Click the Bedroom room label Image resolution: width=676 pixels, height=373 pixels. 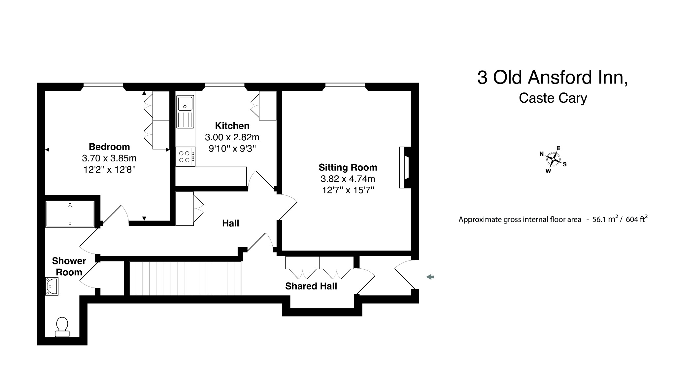(109, 147)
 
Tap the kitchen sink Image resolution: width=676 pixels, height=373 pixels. (185, 103)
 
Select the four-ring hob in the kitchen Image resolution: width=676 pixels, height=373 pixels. (185, 157)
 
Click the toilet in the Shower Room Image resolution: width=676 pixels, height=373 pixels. (62, 327)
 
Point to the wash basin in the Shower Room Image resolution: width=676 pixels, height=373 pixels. (52, 286)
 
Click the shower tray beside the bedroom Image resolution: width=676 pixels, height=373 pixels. (70, 214)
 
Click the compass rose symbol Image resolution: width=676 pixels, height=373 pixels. (553, 160)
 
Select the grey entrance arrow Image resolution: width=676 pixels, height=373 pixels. (430, 277)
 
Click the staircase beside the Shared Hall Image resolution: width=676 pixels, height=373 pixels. (185, 278)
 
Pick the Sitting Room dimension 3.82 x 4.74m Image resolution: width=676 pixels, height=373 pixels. (348, 179)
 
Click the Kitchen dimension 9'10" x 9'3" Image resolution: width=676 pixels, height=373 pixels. (232, 149)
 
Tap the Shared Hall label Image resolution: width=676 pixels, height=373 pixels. (311, 286)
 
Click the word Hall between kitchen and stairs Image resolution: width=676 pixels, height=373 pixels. (230, 223)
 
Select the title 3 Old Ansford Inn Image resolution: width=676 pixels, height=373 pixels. (552, 78)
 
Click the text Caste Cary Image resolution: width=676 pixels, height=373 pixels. (553, 98)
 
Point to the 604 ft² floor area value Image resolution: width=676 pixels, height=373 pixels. (636, 219)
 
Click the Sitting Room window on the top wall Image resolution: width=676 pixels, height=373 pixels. (345, 85)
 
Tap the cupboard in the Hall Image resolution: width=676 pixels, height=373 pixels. (185, 209)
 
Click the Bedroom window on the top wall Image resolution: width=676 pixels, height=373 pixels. (103, 85)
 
